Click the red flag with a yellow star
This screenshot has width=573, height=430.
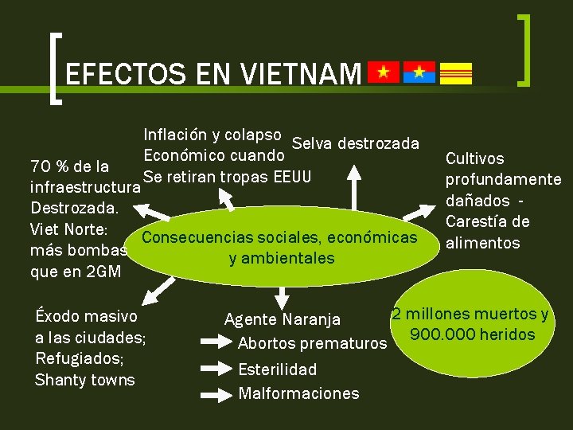(x=383, y=72)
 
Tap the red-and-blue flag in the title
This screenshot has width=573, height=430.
(x=419, y=72)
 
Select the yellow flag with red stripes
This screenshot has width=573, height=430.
(x=456, y=72)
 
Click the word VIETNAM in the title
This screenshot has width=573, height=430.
(x=300, y=75)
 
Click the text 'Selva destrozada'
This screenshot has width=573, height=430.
(x=356, y=143)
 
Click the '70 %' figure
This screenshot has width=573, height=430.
(x=47, y=167)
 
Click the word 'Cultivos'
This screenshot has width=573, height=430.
(x=474, y=159)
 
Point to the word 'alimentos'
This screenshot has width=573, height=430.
(x=483, y=243)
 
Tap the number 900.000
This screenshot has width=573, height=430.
(x=440, y=334)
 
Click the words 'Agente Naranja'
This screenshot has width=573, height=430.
(x=283, y=320)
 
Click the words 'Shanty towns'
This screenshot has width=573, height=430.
(x=85, y=380)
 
